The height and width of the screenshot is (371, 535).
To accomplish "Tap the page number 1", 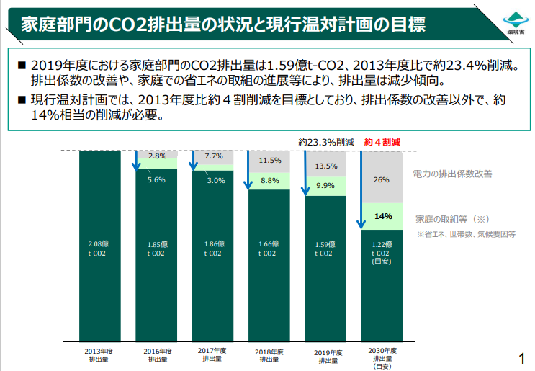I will (x=521, y=358).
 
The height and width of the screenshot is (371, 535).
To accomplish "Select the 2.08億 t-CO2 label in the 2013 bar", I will (x=99, y=249).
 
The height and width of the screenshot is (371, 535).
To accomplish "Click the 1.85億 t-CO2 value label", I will (x=156, y=249).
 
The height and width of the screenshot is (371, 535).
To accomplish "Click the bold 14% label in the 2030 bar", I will (x=382, y=215).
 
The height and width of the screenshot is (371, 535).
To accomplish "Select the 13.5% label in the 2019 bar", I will (x=325, y=166).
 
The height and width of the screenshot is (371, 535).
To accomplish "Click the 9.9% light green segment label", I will (x=325, y=186).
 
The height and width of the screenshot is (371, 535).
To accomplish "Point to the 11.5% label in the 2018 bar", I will (x=269, y=160).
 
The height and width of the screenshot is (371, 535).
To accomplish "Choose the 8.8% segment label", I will (x=269, y=180).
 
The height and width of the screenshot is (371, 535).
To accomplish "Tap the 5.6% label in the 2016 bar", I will (x=156, y=180).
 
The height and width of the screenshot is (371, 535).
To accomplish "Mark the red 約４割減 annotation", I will (x=382, y=143).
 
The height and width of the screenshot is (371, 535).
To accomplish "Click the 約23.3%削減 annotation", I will (x=325, y=143).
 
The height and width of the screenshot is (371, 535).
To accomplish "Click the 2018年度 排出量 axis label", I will (x=269, y=354).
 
